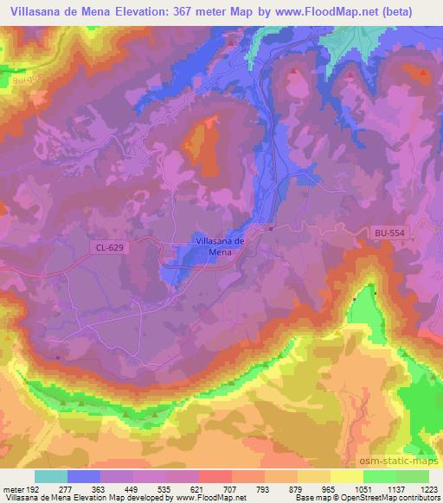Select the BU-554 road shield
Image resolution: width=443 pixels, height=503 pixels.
click(x=389, y=233)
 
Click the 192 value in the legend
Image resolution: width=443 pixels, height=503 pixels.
click(x=34, y=488)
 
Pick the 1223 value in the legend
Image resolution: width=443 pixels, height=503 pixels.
click(x=429, y=488)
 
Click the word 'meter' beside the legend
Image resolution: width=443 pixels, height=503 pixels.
click(x=12, y=488)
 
